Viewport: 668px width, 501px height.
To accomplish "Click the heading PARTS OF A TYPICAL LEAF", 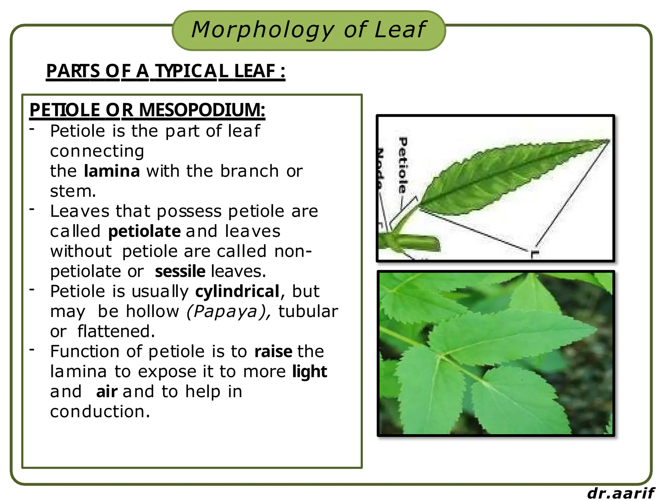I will (x=165, y=71).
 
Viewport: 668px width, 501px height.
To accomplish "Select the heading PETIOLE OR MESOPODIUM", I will (x=147, y=110).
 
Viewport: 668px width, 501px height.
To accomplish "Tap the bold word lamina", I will (x=112, y=171).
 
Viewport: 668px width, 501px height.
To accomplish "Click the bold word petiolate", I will (x=144, y=232).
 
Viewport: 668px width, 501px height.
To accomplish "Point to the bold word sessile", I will (x=180, y=272).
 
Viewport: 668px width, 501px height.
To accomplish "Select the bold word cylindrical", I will (x=237, y=291).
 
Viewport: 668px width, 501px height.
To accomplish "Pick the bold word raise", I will (x=273, y=352).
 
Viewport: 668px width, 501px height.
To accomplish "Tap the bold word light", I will (x=309, y=372).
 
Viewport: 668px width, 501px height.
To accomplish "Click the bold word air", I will (x=106, y=392).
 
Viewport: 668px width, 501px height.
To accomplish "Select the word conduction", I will (x=100, y=412).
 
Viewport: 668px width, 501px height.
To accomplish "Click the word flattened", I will (x=116, y=331).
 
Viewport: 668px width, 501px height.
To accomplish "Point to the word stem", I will (x=73, y=191).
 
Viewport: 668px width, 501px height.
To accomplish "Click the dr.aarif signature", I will (x=620, y=493).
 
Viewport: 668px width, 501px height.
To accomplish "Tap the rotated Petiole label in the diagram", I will (x=403, y=165).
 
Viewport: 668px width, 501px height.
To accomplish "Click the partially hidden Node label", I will (x=380, y=168).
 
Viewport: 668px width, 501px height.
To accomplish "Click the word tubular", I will (x=308, y=311).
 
